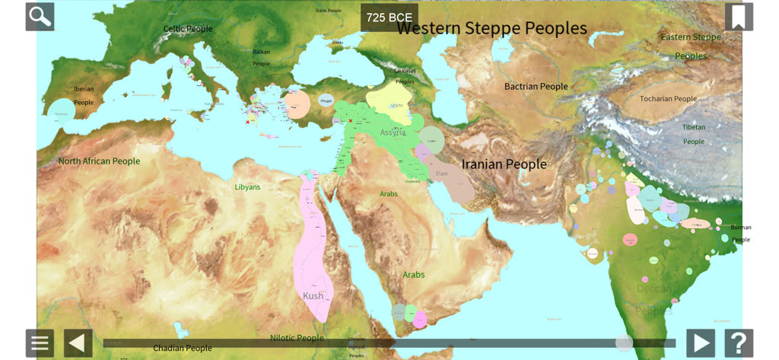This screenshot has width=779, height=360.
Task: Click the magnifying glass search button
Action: tap(40, 17)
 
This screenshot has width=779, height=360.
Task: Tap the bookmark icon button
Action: tap(739, 17)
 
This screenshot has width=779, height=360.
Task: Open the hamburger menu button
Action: tap(40, 343)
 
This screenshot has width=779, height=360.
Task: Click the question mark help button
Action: tap(739, 343)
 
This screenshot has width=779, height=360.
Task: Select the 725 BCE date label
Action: tap(389, 18)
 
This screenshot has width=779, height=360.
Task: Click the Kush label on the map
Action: tap(313, 296)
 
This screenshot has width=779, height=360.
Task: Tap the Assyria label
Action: tap(393, 132)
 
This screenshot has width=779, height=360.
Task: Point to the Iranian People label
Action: tap(504, 164)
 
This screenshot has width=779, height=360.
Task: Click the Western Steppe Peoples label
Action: tap(492, 29)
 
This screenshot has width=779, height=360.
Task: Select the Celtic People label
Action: tap(188, 29)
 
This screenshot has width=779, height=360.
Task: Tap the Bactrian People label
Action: tap(536, 87)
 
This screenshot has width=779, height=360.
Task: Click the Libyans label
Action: tap(247, 187)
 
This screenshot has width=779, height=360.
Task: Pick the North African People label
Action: tap(99, 161)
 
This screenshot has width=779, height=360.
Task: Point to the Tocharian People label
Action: tap(668, 99)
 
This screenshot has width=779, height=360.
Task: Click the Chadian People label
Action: tap(183, 349)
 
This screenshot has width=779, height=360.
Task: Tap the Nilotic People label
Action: tap(297, 338)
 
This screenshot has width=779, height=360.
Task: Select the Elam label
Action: tap(441, 174)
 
